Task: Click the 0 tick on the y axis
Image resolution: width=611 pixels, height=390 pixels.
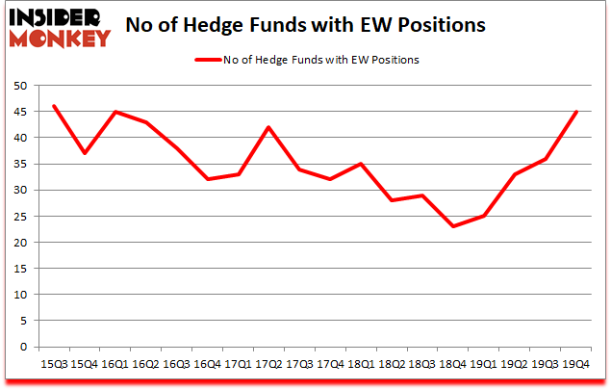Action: point(20,348)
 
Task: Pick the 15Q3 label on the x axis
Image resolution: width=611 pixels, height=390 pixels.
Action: point(54,364)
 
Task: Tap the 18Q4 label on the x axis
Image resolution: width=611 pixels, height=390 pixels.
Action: point(453,364)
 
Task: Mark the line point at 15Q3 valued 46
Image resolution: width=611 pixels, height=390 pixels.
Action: point(54,106)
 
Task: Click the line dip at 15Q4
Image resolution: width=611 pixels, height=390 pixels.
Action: point(85,153)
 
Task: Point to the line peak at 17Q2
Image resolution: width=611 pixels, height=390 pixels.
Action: point(269,127)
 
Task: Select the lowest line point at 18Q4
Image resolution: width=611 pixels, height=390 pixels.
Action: point(453,226)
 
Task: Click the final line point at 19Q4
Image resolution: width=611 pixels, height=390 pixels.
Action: point(576,112)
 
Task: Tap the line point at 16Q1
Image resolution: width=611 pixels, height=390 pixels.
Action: point(115,112)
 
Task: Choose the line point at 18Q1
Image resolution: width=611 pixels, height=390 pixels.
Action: point(361,164)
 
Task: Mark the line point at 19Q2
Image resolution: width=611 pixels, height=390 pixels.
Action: point(515,174)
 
